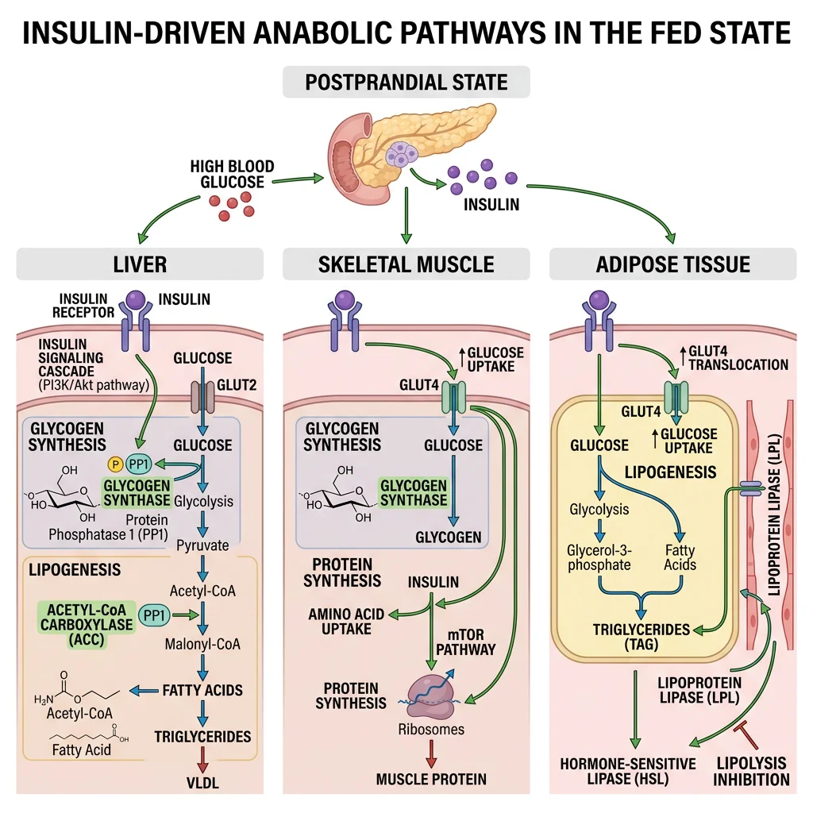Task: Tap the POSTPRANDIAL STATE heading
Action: click(x=406, y=83)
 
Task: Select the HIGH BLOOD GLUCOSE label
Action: click(x=232, y=175)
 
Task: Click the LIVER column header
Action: click(x=140, y=264)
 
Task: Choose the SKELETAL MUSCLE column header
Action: click(x=406, y=264)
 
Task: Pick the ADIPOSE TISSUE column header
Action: click(x=672, y=264)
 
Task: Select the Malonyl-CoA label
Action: click(x=202, y=644)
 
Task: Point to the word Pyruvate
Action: click(x=202, y=545)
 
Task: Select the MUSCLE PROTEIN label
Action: click(x=431, y=779)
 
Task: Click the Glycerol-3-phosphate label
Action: click(x=599, y=557)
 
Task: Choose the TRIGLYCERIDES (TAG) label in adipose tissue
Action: click(x=642, y=636)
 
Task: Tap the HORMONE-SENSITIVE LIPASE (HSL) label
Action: click(x=627, y=771)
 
